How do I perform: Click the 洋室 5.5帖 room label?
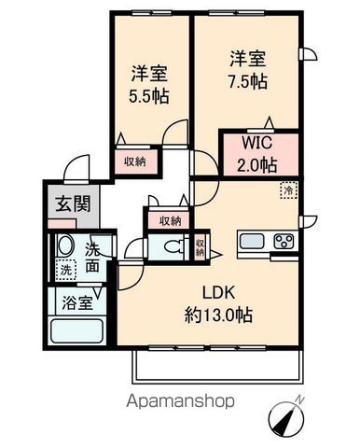click(149, 84)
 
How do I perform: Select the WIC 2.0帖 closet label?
click(256, 154)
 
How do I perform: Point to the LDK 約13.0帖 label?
click(218, 304)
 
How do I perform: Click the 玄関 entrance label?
click(73, 203)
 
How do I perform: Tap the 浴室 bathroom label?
click(77, 302)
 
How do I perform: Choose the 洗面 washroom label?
click(92, 258)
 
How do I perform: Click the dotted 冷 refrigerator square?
click(289, 190)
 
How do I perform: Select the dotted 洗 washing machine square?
click(66, 270)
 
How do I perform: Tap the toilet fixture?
click(173, 247)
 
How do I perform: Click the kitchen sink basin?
click(252, 241)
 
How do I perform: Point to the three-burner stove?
click(284, 241)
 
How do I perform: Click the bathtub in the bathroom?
click(76, 331)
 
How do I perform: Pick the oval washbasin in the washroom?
click(65, 245)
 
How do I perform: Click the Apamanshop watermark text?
click(180, 400)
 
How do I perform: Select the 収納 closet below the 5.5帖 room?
click(135, 161)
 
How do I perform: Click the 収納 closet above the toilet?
click(170, 220)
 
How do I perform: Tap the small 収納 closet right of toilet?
click(200, 247)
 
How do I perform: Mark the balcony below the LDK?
click(218, 366)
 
